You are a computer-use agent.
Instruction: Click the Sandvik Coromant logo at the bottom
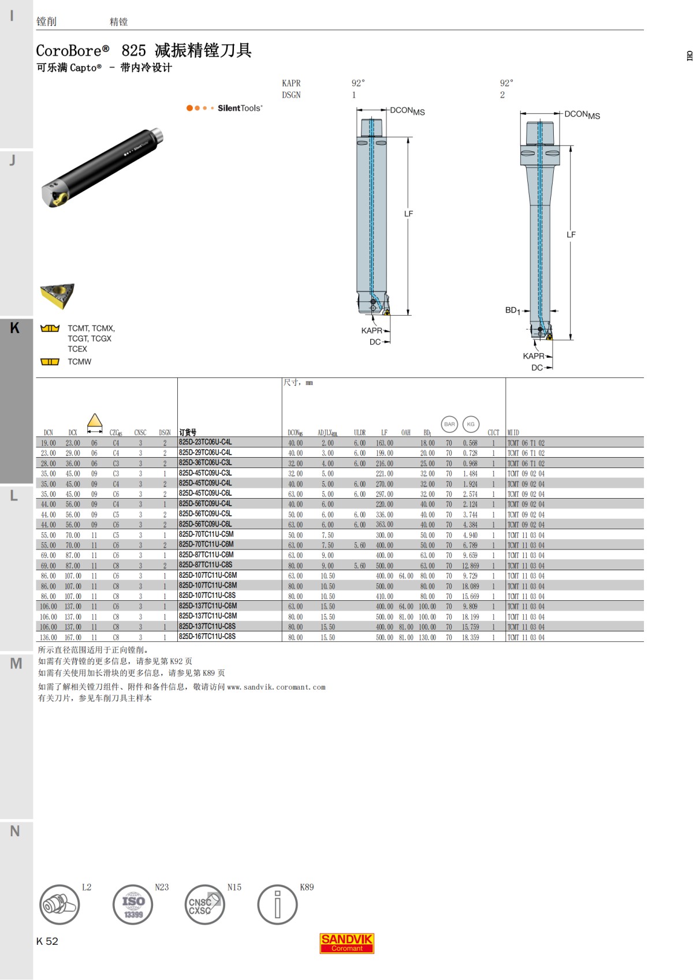coord(346,943)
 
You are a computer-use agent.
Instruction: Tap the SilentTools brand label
coord(240,108)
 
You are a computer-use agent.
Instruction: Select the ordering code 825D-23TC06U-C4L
coord(205,442)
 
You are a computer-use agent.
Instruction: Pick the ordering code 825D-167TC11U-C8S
coord(207,637)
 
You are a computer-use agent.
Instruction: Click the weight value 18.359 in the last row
coord(470,637)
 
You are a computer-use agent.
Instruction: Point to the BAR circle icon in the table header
coord(449,424)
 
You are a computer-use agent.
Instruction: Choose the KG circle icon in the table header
coord(471,424)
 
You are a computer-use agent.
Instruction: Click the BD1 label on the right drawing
coord(512,311)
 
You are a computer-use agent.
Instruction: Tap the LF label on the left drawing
coord(408,214)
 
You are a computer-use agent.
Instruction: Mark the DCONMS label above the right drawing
coord(582,115)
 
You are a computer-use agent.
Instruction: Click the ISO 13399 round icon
coord(133,905)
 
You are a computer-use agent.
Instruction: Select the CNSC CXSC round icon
coord(204,905)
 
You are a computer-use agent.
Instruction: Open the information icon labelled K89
coord(277,905)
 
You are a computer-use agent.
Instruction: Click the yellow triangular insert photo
coord(57,295)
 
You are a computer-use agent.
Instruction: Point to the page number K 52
coord(47,941)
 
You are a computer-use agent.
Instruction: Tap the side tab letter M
coord(16,664)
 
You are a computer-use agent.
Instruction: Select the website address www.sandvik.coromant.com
coord(276,687)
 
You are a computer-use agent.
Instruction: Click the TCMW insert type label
coord(79,362)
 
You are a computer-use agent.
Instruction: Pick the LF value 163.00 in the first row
coord(384,443)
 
